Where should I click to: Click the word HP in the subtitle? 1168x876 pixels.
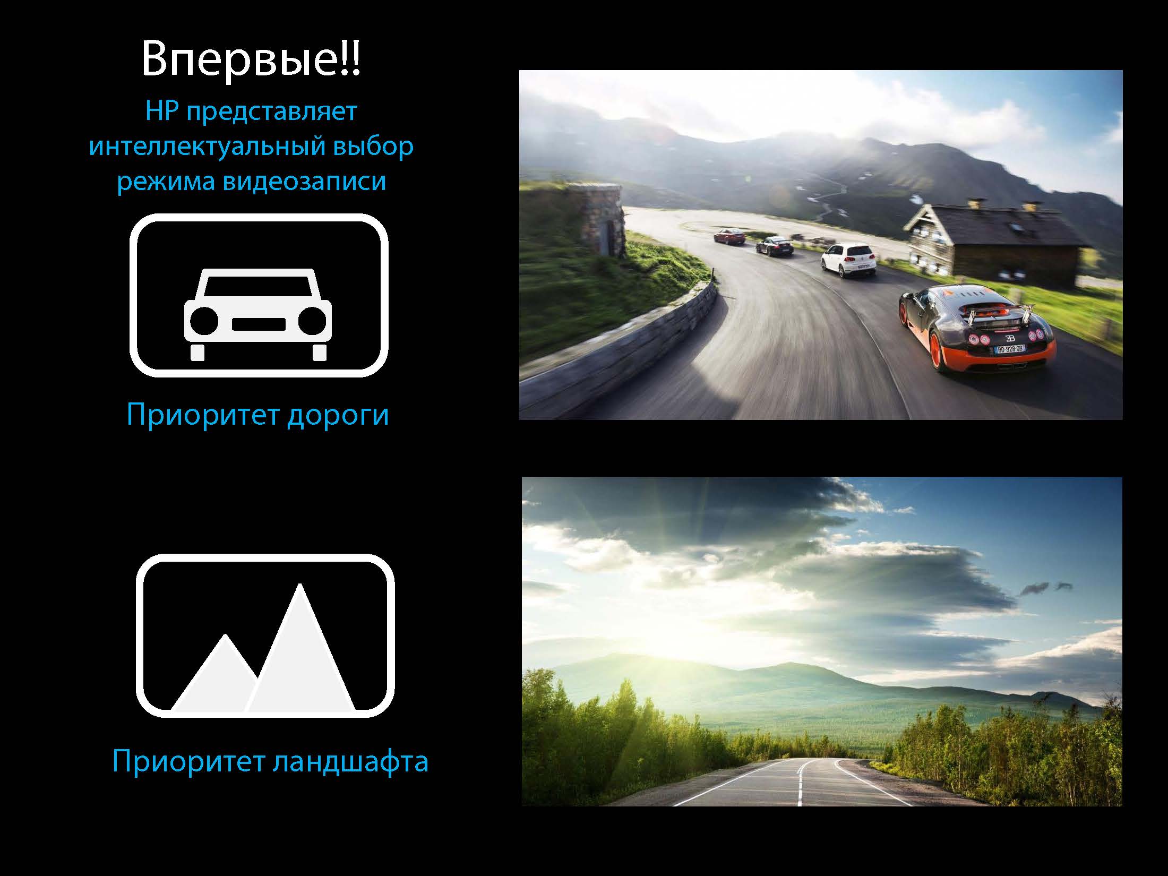point(162,111)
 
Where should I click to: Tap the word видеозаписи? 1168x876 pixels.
point(304,181)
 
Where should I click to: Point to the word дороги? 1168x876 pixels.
point(338,416)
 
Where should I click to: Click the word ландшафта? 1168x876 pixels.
point(350,762)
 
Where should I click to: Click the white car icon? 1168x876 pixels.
point(258,314)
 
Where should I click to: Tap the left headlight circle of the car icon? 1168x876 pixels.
point(204,321)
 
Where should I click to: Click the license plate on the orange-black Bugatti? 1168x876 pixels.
point(1009,349)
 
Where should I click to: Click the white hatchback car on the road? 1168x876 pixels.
point(848,260)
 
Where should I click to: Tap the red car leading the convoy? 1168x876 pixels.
point(729,236)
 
